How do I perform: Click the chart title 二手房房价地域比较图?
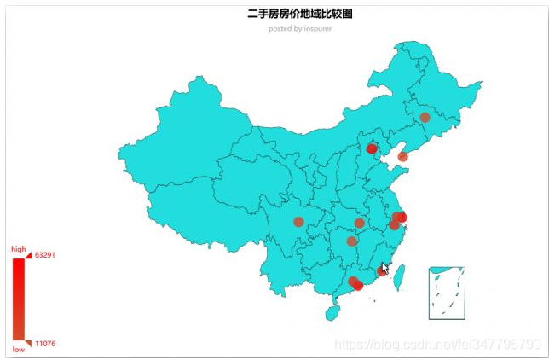pyautogui.click(x=299, y=15)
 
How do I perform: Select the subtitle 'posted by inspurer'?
pyautogui.click(x=299, y=28)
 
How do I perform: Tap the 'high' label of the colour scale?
pyautogui.click(x=18, y=249)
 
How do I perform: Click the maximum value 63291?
pyautogui.click(x=45, y=255)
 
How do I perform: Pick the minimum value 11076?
pyautogui.click(x=45, y=344)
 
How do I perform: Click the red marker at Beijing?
pyautogui.click(x=371, y=148)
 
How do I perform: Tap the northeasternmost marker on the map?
pyautogui.click(x=425, y=117)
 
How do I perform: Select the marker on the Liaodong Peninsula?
pyautogui.click(x=402, y=157)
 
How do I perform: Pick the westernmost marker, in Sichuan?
pyautogui.click(x=298, y=222)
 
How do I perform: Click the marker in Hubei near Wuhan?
pyautogui.click(x=359, y=223)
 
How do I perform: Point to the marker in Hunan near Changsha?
pyautogui.click(x=351, y=241)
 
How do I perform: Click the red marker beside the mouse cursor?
pyautogui.click(x=381, y=271)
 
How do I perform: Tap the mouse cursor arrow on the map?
pyautogui.click(x=385, y=268)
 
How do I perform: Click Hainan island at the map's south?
pyautogui.click(x=332, y=313)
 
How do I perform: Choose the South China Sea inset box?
pyautogui.click(x=447, y=293)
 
